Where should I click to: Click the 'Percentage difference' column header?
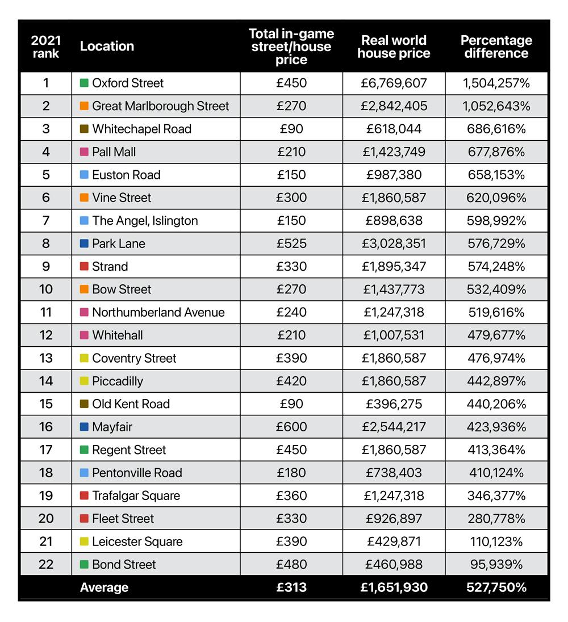[496, 47]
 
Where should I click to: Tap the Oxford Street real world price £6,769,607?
[394, 83]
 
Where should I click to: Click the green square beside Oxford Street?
[84, 83]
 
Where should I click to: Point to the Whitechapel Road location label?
[142, 129]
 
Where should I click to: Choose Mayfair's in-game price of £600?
[291, 427]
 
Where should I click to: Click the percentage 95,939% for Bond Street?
[496, 564]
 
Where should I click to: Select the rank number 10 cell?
[46, 289]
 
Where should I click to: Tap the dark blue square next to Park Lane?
[84, 243]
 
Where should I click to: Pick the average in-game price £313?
[291, 587]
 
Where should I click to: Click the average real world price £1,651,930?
[394, 587]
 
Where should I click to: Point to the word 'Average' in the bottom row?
[105, 587]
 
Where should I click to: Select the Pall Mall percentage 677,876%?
[496, 152]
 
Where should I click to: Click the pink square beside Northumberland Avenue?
[84, 312]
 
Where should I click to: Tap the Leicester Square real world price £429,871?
[394, 541]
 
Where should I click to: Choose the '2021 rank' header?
[46, 47]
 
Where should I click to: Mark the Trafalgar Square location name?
[136, 495]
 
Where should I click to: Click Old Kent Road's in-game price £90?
[291, 404]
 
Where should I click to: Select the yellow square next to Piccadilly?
[84, 381]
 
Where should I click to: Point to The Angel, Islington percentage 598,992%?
[496, 220]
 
